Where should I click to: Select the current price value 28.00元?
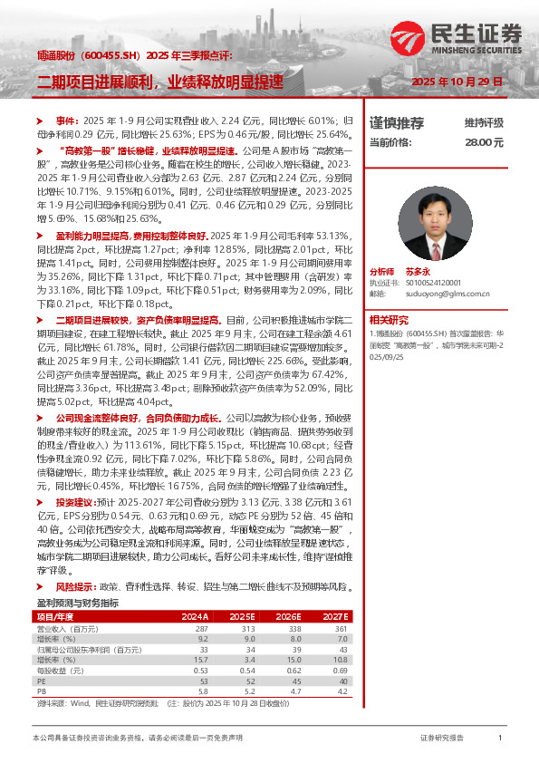pos(484,142)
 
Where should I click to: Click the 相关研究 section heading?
pos(390,318)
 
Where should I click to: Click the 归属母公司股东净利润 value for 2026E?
pos(289,649)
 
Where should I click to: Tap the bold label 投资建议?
pos(73,501)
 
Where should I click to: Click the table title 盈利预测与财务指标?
pos(77,602)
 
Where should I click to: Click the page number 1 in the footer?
pos(500,739)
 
